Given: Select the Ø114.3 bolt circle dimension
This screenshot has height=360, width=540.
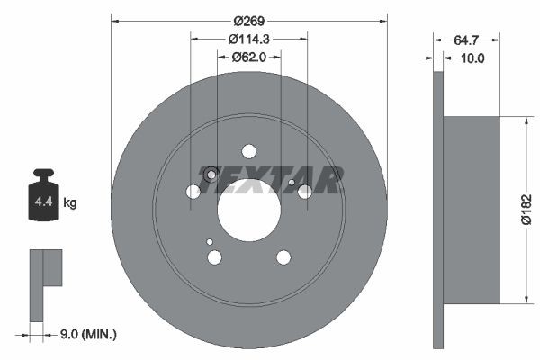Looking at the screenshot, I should [249, 40].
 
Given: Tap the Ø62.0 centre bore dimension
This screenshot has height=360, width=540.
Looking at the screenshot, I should [249, 57].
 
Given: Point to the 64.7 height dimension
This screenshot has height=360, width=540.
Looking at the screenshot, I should [466, 40].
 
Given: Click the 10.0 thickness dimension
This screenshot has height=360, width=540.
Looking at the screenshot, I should [472, 58].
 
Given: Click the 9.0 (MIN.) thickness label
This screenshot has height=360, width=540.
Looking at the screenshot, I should [89, 335].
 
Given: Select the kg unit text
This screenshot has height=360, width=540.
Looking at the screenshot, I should [70, 203].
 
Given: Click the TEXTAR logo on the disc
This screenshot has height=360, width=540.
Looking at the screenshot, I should [274, 180].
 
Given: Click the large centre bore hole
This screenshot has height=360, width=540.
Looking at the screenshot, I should [248, 215].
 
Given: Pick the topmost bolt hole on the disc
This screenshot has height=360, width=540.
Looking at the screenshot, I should [249, 152].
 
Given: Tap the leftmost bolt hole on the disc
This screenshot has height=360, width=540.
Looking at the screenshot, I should [193, 192].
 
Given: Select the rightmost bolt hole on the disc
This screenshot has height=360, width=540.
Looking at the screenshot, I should [305, 192].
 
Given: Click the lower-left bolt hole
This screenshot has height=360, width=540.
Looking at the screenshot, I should [214, 257].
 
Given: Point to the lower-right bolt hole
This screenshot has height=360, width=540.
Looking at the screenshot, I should [283, 257].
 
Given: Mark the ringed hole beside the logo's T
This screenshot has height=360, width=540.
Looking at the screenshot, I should [211, 175].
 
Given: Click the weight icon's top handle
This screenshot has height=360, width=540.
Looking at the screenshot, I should [43, 175].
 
